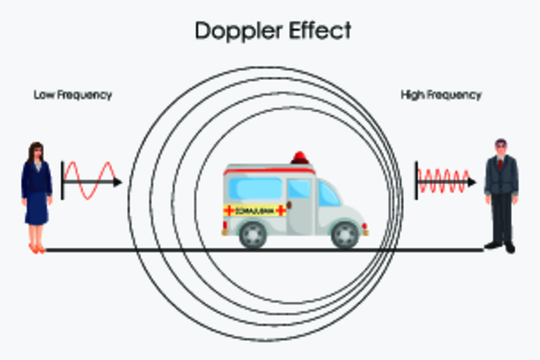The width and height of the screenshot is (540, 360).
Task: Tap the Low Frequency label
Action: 73,95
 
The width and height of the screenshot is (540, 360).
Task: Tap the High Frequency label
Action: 441,95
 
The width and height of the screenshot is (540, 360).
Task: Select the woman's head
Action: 35,152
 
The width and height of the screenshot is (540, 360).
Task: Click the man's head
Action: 500,147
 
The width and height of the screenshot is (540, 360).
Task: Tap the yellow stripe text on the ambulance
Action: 255,210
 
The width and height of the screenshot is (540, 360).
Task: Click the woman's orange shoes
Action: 37,248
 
